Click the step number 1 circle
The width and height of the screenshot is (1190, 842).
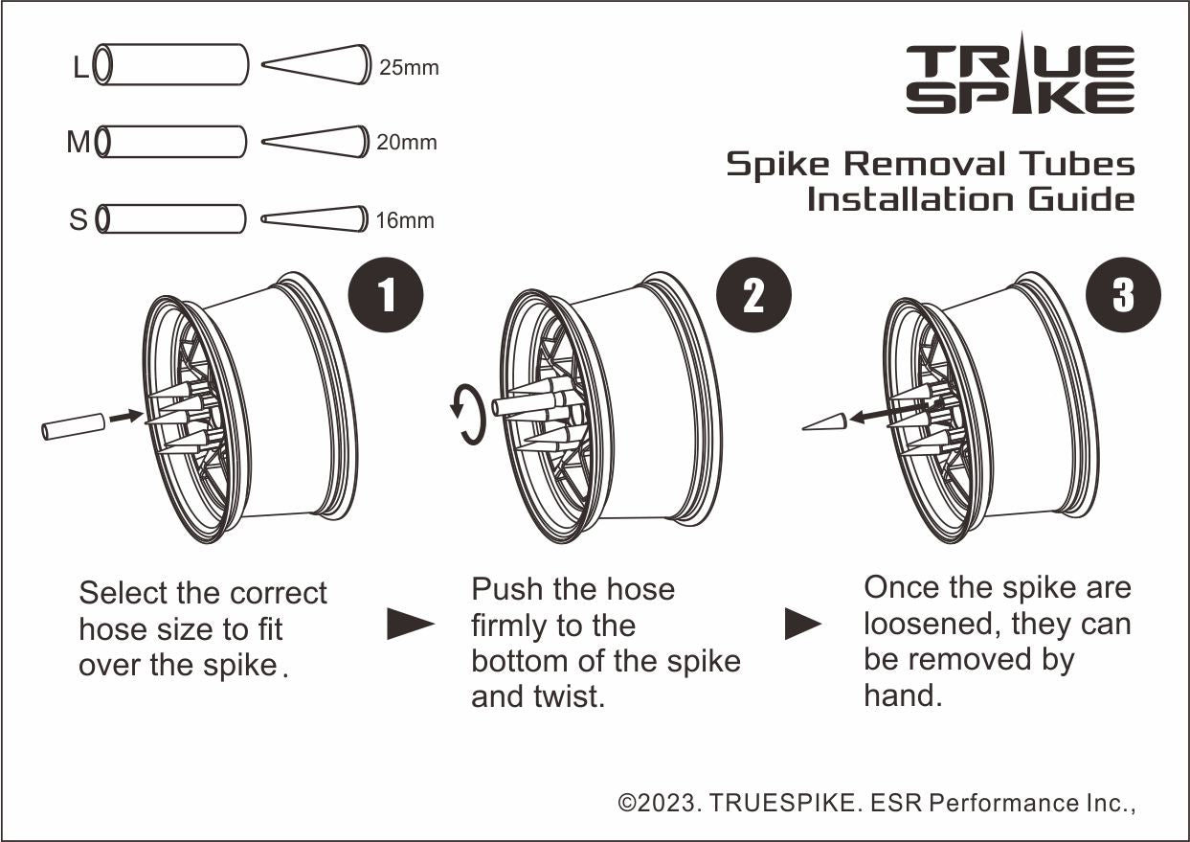[x=387, y=295]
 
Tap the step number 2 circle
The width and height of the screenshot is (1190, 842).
[x=754, y=295]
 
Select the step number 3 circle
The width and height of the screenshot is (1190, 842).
[x=1123, y=295]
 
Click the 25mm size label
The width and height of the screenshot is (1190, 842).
[x=409, y=68]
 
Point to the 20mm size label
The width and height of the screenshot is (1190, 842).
[x=407, y=143]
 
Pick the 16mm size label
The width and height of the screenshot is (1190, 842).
[x=405, y=221]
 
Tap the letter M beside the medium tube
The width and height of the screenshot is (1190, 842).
[x=79, y=143]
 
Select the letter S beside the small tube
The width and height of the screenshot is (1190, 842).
[x=79, y=220]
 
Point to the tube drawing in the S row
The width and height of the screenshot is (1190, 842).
[x=171, y=219]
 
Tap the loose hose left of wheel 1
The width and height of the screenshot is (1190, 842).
[x=73, y=426]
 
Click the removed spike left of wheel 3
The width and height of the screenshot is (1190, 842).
[x=824, y=422]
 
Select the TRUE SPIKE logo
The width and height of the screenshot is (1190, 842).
[x=1021, y=77]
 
